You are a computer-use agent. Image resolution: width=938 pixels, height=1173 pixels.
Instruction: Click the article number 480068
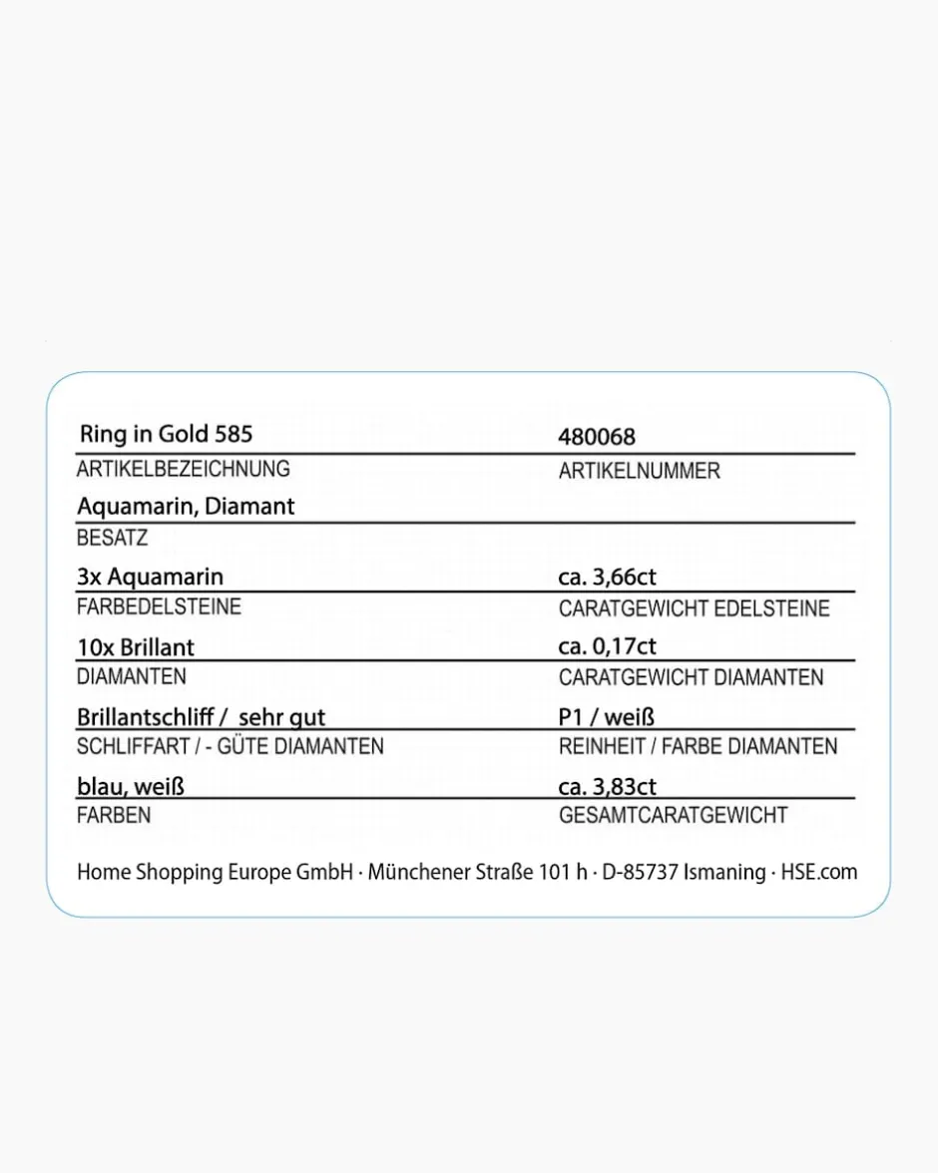(x=597, y=437)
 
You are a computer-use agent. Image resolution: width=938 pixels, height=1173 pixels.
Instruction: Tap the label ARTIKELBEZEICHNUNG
(x=184, y=469)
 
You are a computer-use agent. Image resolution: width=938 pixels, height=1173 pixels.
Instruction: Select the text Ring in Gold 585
(x=166, y=433)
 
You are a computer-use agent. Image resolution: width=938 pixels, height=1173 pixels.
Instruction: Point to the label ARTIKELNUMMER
(x=639, y=471)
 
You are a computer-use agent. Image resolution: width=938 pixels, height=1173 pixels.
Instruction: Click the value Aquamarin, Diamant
(x=186, y=506)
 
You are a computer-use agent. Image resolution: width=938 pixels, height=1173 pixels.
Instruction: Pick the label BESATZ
(x=112, y=539)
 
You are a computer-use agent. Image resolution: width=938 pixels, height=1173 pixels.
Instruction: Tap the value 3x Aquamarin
(x=151, y=577)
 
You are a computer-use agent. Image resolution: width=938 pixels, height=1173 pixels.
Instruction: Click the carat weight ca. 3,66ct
(x=607, y=577)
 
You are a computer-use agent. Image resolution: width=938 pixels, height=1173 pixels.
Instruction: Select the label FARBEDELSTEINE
(x=159, y=606)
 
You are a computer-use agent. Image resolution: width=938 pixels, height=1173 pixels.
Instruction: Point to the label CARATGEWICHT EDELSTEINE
(x=694, y=608)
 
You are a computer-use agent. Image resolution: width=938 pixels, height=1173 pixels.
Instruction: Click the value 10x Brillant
(x=136, y=646)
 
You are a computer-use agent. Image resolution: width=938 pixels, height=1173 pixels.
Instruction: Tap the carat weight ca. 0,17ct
(x=607, y=646)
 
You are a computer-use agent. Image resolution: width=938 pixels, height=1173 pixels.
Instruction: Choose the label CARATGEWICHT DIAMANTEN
(x=691, y=677)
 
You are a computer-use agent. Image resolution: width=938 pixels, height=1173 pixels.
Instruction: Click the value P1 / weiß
(x=606, y=716)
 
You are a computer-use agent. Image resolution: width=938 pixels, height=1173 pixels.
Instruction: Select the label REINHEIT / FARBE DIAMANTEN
(x=698, y=746)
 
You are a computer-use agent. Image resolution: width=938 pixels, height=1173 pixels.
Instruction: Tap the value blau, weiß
(x=131, y=786)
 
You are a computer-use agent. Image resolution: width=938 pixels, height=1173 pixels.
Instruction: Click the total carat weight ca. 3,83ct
(x=607, y=786)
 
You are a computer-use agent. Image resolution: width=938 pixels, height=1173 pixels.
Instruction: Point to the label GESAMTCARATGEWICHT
(x=673, y=816)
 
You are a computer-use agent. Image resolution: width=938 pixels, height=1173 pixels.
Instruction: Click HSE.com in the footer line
(x=818, y=872)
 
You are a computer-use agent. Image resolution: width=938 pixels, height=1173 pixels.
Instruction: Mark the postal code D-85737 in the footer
(x=640, y=872)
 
